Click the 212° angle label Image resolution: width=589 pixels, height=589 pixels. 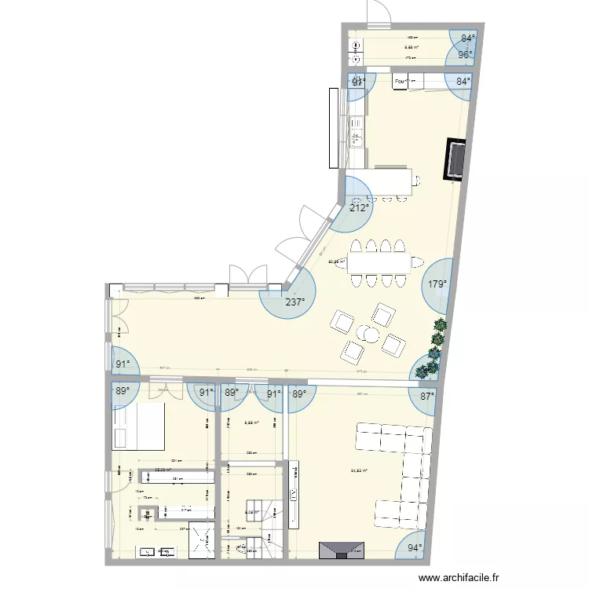point(360,209)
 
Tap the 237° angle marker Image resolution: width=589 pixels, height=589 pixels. point(295,302)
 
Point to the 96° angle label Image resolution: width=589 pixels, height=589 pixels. point(466,55)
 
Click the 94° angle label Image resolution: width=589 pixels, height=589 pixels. point(415,548)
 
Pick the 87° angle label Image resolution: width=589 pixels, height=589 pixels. point(426,397)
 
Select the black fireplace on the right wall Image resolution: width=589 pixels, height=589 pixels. point(456,159)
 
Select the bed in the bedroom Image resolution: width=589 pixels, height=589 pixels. point(138,428)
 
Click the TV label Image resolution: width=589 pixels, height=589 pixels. point(294,496)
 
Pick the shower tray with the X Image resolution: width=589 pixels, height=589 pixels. point(203,541)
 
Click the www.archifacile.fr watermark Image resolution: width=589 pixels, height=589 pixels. point(459,577)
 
